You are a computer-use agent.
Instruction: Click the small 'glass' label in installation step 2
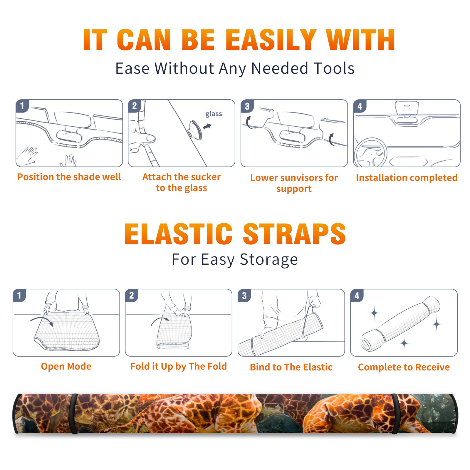coord(214,114)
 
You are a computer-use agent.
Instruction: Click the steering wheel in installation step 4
coord(370,153)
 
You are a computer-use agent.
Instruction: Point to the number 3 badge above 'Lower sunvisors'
coord(247,106)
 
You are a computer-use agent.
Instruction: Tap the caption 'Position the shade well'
coord(69,177)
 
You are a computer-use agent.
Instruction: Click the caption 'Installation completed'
coord(407,178)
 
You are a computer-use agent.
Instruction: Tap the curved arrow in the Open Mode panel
coord(42,320)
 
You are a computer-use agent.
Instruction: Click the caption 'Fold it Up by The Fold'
coord(179,367)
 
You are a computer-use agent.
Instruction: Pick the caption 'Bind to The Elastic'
coord(291,367)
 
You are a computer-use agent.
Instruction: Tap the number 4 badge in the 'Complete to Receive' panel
coord(357,296)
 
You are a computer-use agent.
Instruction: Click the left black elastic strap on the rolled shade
coord(73,414)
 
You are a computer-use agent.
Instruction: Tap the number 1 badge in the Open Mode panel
coord(19,296)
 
